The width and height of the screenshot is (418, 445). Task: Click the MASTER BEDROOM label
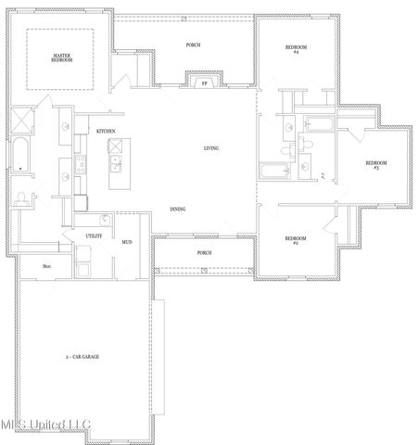(61, 57)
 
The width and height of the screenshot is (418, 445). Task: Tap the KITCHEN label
(107, 132)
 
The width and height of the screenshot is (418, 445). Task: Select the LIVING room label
(211, 148)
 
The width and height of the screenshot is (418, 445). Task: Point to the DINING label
(177, 209)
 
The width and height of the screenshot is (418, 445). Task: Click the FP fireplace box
(205, 83)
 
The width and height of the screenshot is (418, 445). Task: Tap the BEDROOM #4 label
(297, 49)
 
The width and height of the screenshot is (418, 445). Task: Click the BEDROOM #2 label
(296, 240)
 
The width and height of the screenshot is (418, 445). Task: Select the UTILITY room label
(94, 236)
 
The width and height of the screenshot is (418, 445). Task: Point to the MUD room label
(127, 242)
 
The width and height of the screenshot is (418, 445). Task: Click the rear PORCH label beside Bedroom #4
(193, 44)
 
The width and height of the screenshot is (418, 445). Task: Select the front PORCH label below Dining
(204, 252)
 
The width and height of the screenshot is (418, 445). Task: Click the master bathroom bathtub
(20, 157)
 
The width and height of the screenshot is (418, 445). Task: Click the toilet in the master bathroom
(21, 196)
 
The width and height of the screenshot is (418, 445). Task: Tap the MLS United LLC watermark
(46, 425)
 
